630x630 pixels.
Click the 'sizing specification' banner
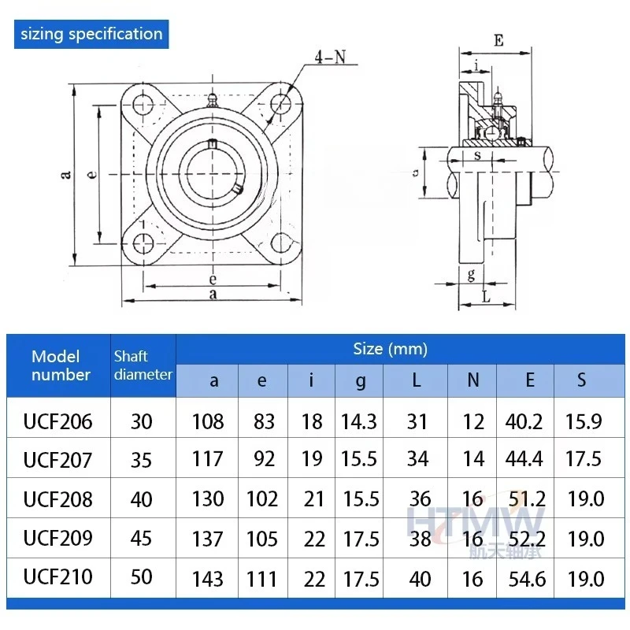pos(91,34)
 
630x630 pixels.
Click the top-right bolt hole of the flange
pos(281,106)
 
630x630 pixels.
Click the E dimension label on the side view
pos(498,40)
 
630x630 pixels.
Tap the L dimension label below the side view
pos(486,297)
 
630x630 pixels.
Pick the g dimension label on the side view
pos(471,275)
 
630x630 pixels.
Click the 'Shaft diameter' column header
pos(143,365)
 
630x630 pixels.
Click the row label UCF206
pos(57,421)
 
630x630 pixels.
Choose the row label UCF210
pos(57,577)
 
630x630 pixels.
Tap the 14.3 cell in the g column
pos(359,421)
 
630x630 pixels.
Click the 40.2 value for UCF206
pos(524,421)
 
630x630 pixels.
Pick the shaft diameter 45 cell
pos(142,539)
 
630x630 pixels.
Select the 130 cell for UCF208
pos(208,499)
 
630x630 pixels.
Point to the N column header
pos(472,381)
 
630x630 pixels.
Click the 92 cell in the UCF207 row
pos(263,459)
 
